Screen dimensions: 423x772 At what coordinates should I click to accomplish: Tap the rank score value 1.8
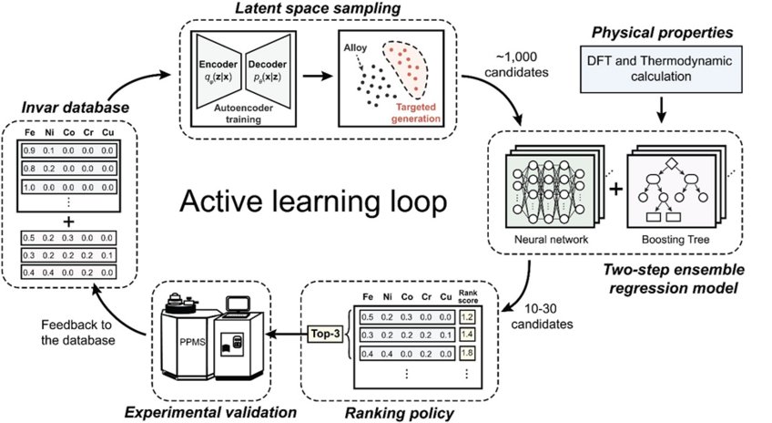tap(467, 353)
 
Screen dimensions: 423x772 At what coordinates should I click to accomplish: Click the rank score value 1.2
tap(467, 316)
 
